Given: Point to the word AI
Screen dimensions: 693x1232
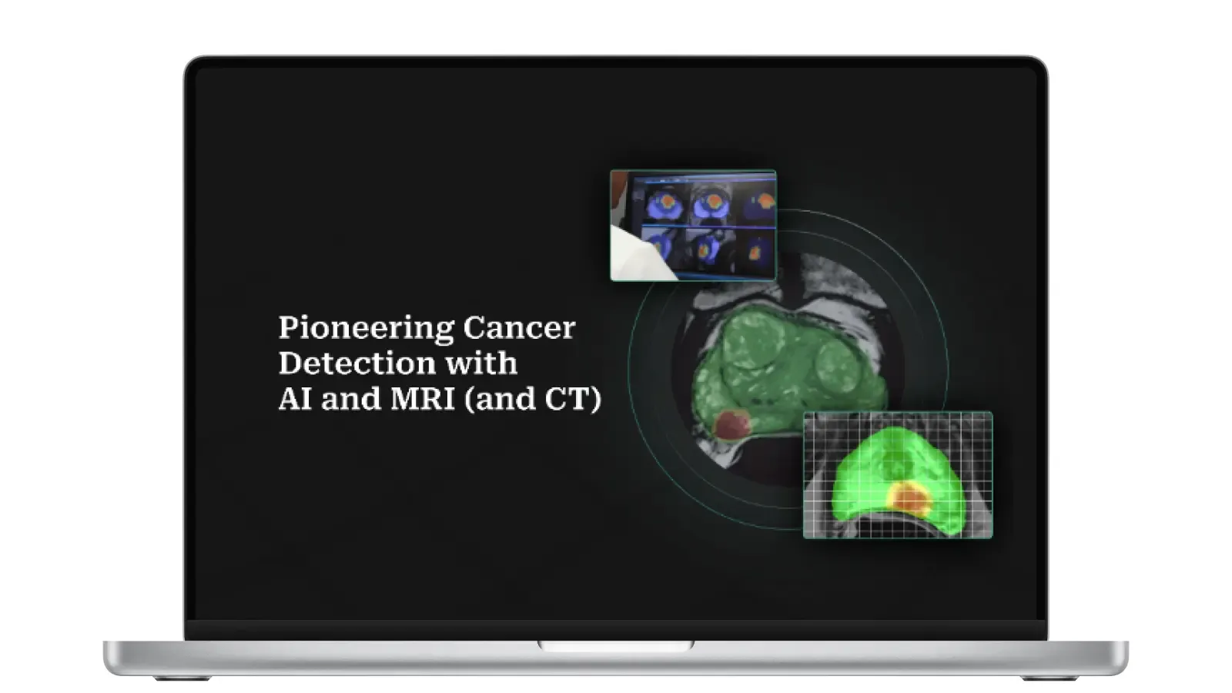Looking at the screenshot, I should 295,399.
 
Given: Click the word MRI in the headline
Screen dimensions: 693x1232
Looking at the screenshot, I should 423,399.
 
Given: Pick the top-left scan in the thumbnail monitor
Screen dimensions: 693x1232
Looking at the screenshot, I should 664,204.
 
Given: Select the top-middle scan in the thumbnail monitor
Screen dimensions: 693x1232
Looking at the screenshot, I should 708,204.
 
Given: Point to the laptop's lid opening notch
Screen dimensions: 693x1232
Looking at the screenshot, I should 616,646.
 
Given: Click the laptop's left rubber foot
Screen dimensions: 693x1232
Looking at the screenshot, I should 182,678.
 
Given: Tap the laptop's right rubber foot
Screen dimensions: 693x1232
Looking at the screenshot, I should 1049,678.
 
